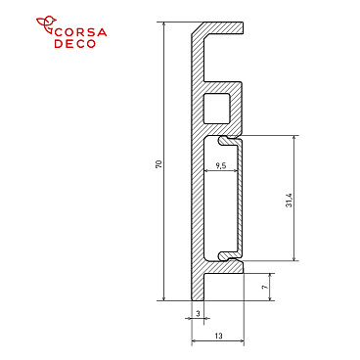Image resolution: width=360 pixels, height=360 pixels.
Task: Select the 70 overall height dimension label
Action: coord(158,163)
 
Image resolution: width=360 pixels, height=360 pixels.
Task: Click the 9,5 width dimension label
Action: coord(221,166)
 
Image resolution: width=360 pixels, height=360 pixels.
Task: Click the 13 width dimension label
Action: coord(217,336)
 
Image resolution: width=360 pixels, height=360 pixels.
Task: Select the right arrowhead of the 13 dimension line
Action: coord(240,341)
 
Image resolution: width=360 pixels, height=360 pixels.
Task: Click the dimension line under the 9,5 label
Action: coord(221,173)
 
